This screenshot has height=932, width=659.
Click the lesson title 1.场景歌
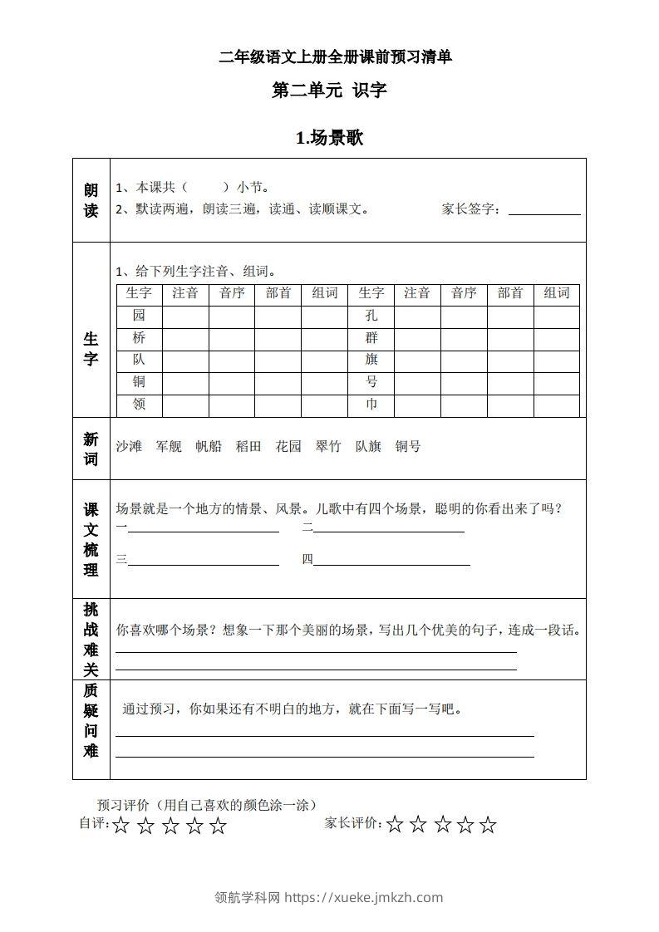coord(329,139)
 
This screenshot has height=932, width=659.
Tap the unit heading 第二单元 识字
coord(329,91)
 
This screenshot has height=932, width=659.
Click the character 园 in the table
coord(139,316)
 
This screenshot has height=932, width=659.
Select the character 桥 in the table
coord(139,338)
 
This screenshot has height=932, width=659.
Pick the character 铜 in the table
coord(139,382)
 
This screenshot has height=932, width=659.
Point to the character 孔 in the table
coord(371,316)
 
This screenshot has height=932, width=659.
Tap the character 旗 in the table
coord(371,360)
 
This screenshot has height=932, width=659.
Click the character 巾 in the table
coord(371,405)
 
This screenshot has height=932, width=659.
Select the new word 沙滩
coord(129,446)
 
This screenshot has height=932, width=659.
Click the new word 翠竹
coord(328,446)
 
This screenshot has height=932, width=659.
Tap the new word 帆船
coord(209,446)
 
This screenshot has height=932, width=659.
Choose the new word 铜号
coord(408,446)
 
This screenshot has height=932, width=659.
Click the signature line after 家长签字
coord(543,213)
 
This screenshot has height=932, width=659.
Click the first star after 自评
coord(121,826)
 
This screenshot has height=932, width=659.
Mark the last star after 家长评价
coord(488,825)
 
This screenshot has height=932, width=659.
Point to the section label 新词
coord(91,449)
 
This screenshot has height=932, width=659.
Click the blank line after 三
coord(204,564)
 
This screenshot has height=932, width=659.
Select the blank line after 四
coord(391,564)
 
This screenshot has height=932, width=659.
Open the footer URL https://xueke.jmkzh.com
coord(364,897)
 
